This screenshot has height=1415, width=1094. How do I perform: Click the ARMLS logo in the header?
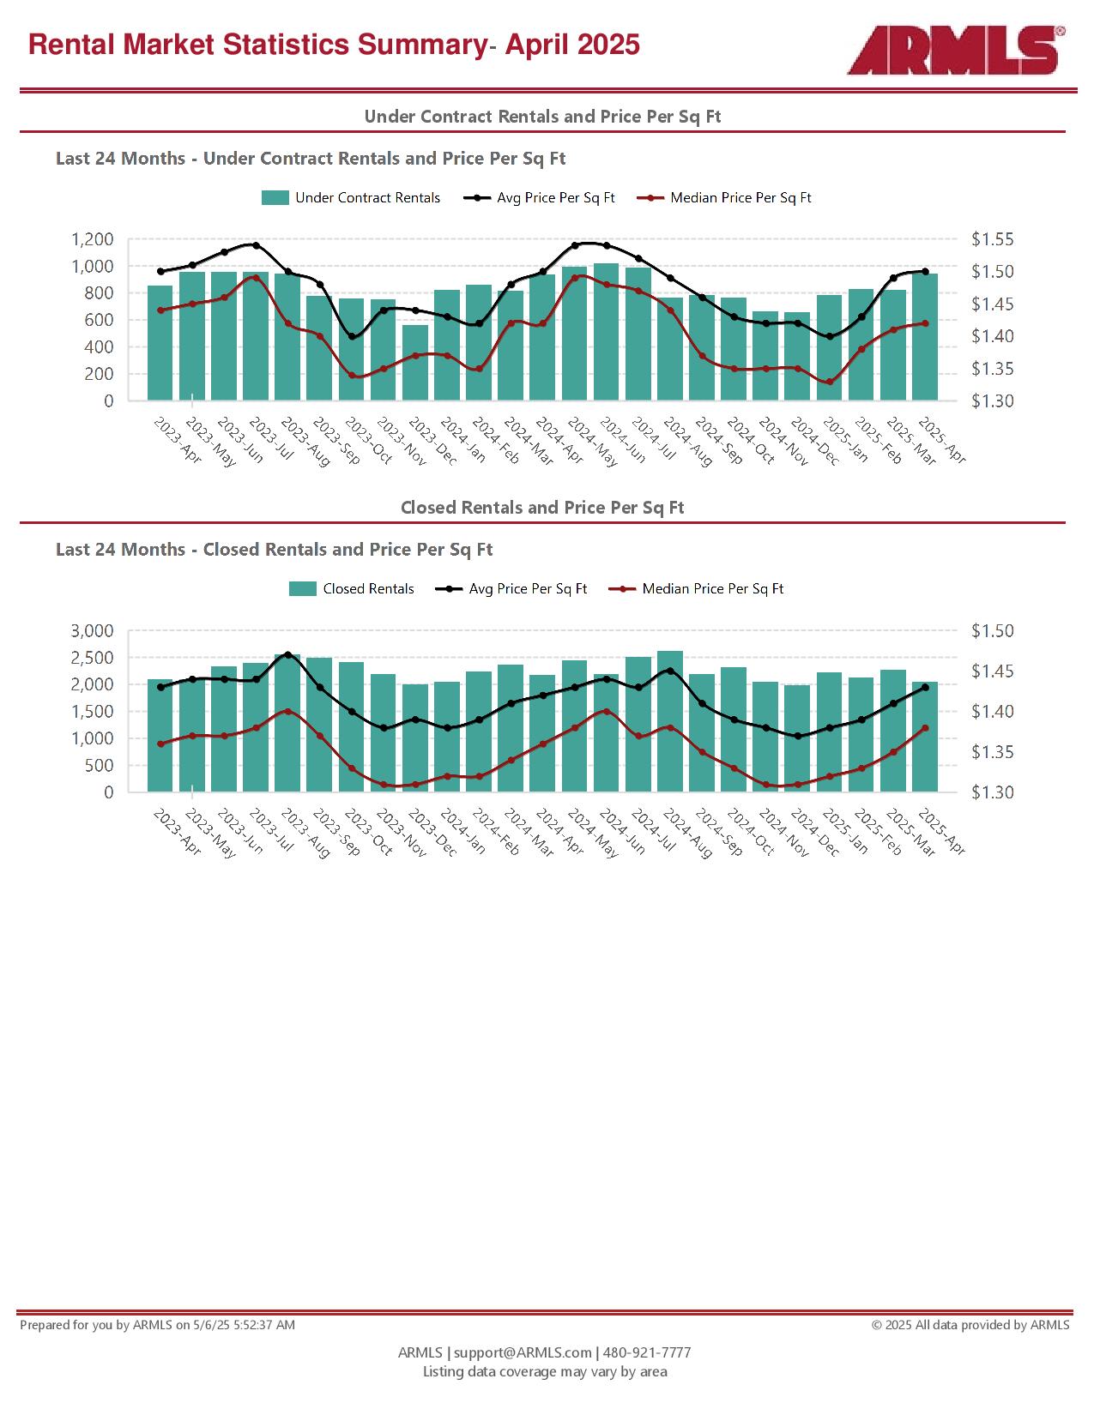(x=956, y=50)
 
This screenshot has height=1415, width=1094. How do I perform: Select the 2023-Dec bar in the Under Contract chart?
(x=415, y=362)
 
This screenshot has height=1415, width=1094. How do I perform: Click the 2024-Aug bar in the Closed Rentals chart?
(x=670, y=721)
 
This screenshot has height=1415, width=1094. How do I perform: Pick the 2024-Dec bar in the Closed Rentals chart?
(x=797, y=738)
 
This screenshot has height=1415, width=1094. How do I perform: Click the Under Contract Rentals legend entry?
(x=351, y=198)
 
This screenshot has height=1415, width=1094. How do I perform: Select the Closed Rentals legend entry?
(x=352, y=588)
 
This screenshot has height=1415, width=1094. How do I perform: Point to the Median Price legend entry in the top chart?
(x=724, y=198)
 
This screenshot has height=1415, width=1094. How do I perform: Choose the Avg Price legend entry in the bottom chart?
(x=511, y=588)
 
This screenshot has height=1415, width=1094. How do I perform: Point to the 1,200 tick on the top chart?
(x=92, y=239)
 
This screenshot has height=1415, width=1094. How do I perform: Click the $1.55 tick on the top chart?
(x=993, y=239)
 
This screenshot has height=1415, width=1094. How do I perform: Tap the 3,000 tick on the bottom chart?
(x=92, y=630)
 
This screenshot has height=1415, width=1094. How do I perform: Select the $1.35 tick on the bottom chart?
(x=993, y=752)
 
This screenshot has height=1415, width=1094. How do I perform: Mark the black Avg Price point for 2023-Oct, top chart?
(x=352, y=337)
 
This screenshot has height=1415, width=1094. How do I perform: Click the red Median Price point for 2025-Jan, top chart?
(x=830, y=382)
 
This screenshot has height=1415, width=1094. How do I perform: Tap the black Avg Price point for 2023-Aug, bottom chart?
(x=288, y=655)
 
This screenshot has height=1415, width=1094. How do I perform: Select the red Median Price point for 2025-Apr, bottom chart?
(x=925, y=728)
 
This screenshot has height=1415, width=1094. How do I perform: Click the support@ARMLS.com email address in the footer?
(x=523, y=1352)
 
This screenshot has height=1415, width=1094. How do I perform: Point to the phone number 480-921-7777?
(x=647, y=1352)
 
